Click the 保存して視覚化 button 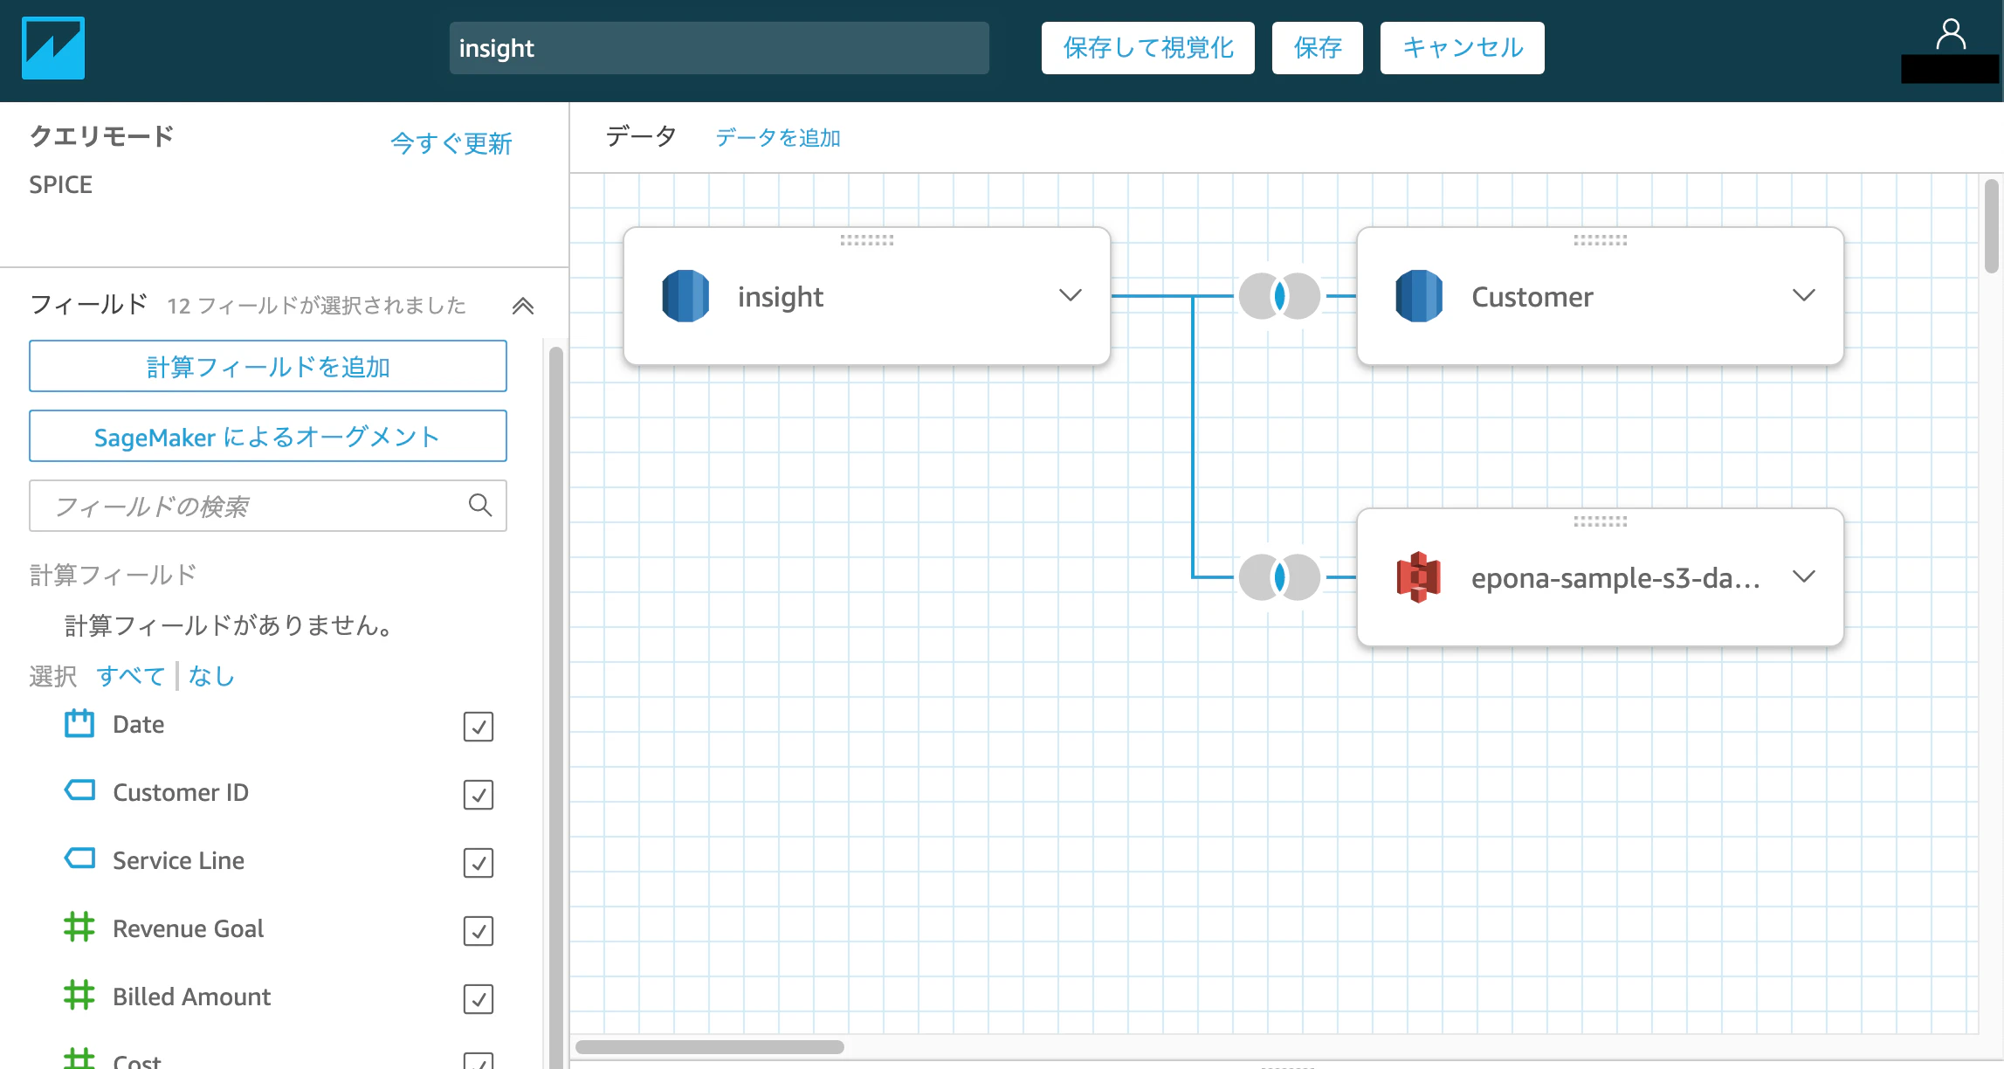click(1147, 48)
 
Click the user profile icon click(1951, 35)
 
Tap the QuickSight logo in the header click(53, 48)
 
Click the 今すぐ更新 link click(451, 143)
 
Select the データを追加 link click(778, 138)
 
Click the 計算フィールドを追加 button click(268, 366)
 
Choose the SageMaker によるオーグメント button click(268, 436)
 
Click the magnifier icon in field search click(480, 505)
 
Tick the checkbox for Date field click(479, 727)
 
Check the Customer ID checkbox click(479, 795)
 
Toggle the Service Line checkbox click(479, 863)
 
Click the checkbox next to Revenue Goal click(479, 931)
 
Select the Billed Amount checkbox click(479, 999)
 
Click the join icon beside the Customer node click(1279, 296)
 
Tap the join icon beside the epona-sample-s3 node click(1279, 577)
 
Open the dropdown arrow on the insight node click(1071, 295)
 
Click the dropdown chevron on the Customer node click(1804, 295)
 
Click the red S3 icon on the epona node click(1419, 577)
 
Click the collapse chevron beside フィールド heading click(523, 306)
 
